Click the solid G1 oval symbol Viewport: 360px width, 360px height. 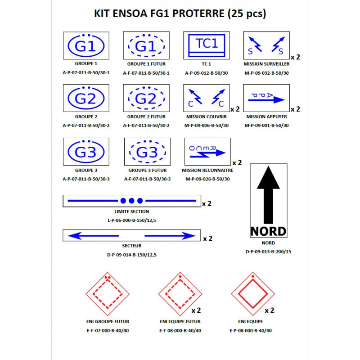[x=86, y=45]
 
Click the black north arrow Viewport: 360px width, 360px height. [x=268, y=194]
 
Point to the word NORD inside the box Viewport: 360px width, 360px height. [x=268, y=231]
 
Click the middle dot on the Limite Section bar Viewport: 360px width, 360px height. [x=131, y=200]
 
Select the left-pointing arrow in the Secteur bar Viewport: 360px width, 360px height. [x=92, y=235]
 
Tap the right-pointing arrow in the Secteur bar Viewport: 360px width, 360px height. [x=171, y=235]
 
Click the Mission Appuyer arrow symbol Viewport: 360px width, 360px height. [x=266, y=98]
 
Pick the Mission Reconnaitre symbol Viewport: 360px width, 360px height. [x=207, y=151]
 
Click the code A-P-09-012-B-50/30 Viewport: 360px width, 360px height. [x=207, y=72]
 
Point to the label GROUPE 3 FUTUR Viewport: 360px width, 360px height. [x=148, y=171]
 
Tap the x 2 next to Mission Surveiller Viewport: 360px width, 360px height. [x=295, y=57]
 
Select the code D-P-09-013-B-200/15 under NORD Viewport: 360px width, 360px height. [x=268, y=252]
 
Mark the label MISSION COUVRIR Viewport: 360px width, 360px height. [x=207, y=117]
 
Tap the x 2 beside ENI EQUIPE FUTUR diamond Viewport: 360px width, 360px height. [x=196, y=310]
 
